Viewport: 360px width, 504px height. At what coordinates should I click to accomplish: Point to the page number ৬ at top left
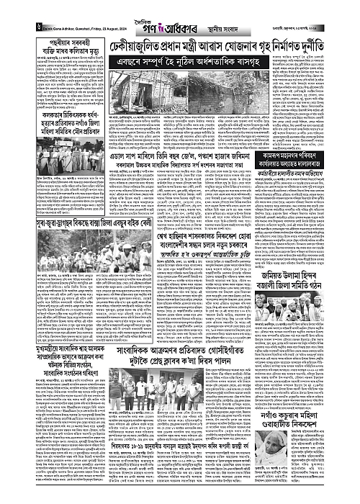pyautogui.click(x=7, y=14)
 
